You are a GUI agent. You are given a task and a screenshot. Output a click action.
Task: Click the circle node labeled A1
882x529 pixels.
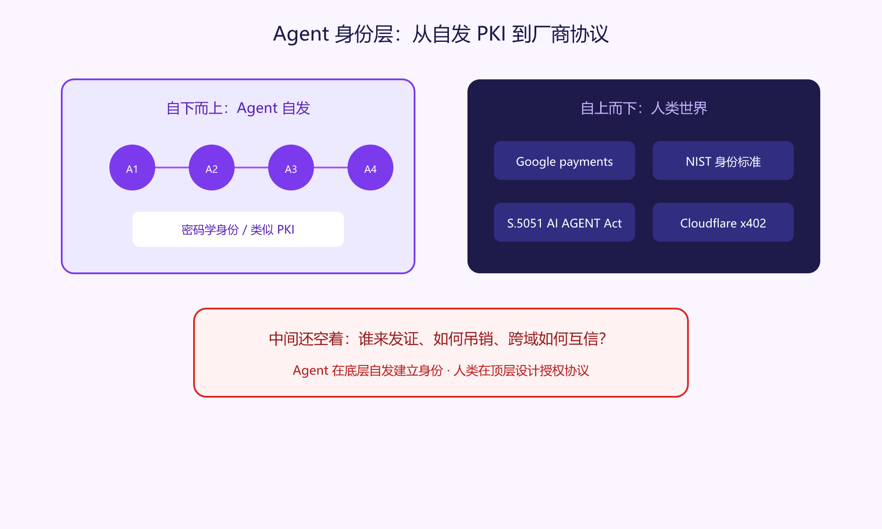(132, 168)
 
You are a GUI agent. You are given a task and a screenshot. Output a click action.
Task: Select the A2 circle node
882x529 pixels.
(212, 168)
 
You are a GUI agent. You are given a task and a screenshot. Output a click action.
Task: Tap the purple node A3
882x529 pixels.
(291, 168)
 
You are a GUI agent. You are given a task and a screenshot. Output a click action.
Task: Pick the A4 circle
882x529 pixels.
(370, 168)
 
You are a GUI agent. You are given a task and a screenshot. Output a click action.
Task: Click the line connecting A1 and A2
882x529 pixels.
(172, 168)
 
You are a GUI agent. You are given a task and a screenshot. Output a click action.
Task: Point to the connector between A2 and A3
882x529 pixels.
(251, 168)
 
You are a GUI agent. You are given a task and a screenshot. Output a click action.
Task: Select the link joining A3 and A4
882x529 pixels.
(331, 168)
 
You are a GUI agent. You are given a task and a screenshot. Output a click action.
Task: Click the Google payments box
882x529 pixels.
(564, 160)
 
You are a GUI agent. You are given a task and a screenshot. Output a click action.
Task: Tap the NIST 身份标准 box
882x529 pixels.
(723, 160)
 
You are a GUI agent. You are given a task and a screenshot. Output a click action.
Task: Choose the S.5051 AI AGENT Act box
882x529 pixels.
(564, 222)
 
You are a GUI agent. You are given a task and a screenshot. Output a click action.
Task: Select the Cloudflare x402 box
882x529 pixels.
(723, 222)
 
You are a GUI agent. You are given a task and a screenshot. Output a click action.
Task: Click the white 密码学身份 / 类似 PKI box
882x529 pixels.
(238, 229)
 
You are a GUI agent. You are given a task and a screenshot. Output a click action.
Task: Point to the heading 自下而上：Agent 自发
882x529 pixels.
(238, 108)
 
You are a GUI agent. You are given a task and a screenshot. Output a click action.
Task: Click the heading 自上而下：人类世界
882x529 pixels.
(644, 108)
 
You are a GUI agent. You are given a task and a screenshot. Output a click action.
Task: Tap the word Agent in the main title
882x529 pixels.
(301, 34)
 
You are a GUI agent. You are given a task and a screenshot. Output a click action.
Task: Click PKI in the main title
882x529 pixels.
(491, 34)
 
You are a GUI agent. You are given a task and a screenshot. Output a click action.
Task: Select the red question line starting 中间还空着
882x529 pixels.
(437, 339)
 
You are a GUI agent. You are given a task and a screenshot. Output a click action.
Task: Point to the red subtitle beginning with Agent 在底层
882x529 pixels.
(441, 370)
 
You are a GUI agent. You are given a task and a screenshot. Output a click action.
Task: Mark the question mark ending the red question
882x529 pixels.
(602, 339)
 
